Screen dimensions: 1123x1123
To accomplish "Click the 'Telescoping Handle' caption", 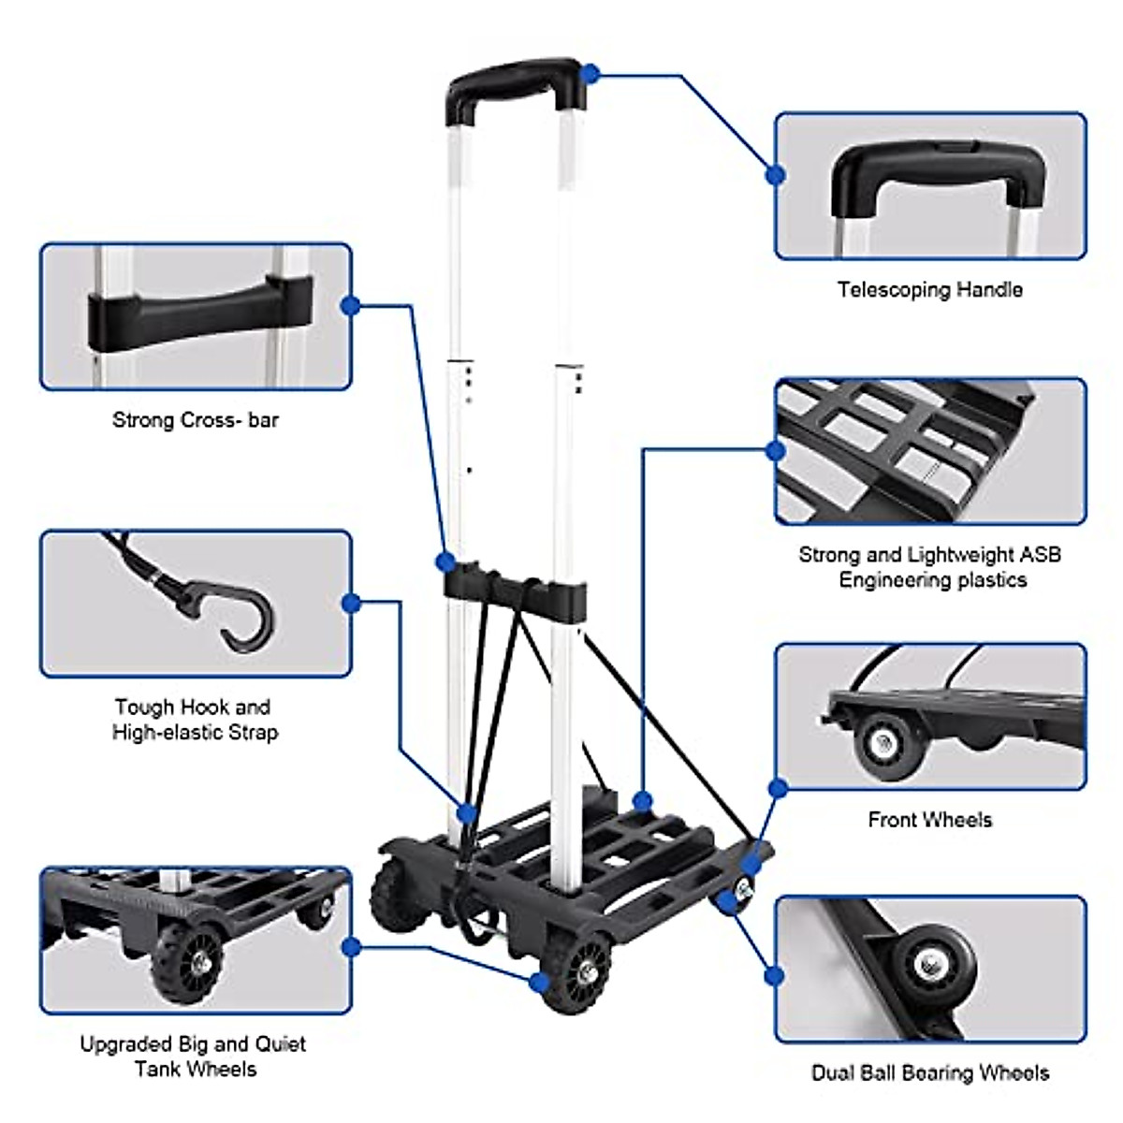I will coord(929,290).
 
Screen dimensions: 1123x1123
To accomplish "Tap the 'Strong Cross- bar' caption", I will coord(196,420).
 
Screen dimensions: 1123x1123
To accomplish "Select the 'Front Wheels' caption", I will coord(929,820).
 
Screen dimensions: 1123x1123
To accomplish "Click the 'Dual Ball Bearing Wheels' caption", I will coord(930,1072).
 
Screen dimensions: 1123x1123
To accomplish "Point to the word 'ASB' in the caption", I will coord(1040,555).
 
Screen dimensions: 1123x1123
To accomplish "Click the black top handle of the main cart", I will coord(516,80).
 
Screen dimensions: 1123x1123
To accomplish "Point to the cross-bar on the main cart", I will coord(516,590).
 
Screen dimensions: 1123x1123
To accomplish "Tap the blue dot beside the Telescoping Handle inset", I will coord(775,175).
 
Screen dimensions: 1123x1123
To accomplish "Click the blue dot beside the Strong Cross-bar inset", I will coord(351,305).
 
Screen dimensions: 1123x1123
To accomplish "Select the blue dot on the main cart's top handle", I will coord(590,73).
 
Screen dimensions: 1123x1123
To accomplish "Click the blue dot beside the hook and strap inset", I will coord(351,604).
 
